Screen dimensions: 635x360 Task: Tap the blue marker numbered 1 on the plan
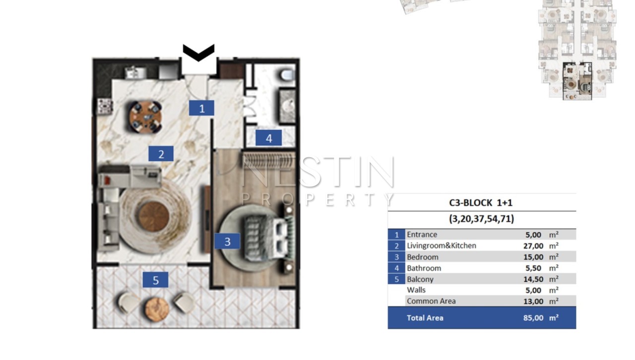click(x=201, y=108)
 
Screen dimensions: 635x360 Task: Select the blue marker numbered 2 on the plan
click(x=161, y=154)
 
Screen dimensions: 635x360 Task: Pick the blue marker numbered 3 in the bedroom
click(x=227, y=241)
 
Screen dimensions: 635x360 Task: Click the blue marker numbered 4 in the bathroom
click(x=269, y=138)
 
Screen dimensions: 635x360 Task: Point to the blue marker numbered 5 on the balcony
click(x=155, y=280)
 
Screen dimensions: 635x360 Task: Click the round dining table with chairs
click(x=145, y=117)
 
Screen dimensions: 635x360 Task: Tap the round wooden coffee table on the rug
click(x=154, y=217)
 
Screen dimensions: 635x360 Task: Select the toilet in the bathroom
click(x=287, y=75)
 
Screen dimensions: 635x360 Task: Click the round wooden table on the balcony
click(x=157, y=309)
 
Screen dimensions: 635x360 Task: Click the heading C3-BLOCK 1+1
click(x=481, y=203)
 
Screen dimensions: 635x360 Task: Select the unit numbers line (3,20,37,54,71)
click(x=481, y=219)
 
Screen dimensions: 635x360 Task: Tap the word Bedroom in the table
click(x=422, y=257)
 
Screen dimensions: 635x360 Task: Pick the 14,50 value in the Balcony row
click(x=533, y=279)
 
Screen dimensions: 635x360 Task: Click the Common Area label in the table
click(x=431, y=301)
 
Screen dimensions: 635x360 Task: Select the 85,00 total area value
click(x=533, y=318)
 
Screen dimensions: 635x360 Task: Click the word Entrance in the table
click(x=422, y=235)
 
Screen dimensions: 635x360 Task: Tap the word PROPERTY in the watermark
click(x=318, y=199)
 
